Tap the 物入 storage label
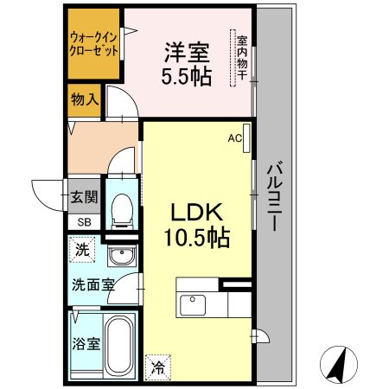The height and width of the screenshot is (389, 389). pyautogui.click(x=84, y=99)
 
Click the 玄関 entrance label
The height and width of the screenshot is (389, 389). pyautogui.click(x=83, y=196)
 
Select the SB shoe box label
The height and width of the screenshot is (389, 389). pyautogui.click(x=84, y=222)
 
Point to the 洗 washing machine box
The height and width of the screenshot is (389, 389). pyautogui.click(x=80, y=251)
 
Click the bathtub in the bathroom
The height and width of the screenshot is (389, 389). pyautogui.click(x=118, y=343)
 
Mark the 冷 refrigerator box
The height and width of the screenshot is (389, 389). pyautogui.click(x=157, y=367)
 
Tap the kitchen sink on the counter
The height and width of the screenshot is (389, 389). pyautogui.click(x=190, y=305)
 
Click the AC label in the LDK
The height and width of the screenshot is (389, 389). pyautogui.click(x=234, y=137)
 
